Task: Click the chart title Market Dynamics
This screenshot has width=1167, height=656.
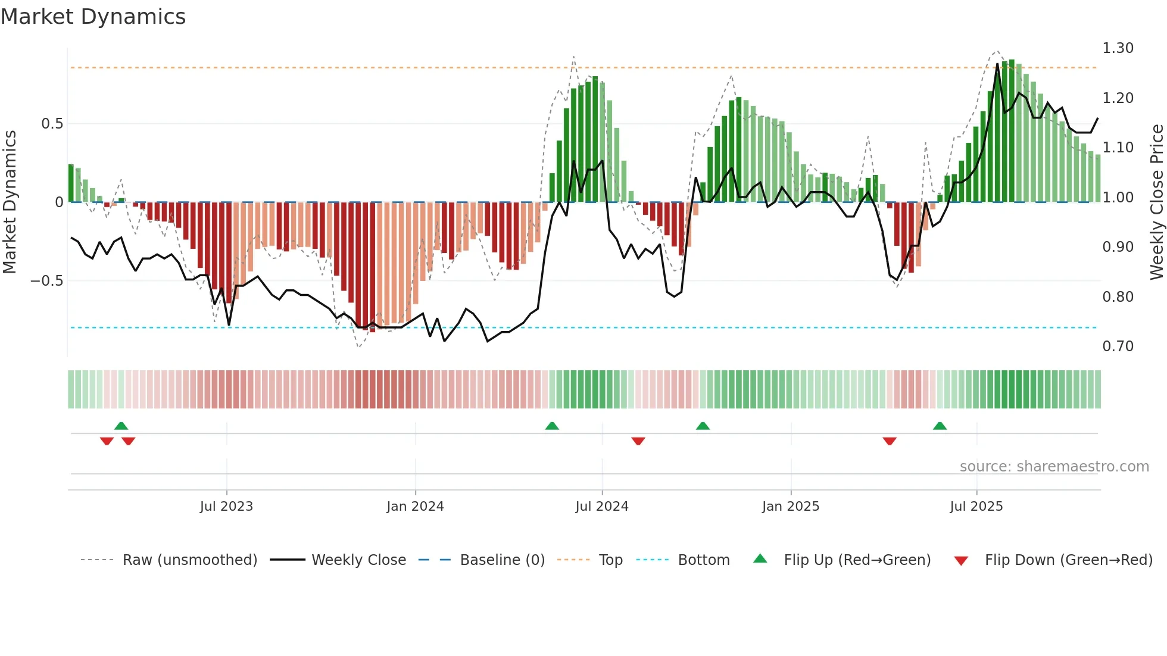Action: pyautogui.click(x=93, y=17)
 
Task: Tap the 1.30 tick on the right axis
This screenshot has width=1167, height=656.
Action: pyautogui.click(x=1118, y=48)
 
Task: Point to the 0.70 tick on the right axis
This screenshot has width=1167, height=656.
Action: pyautogui.click(x=1118, y=346)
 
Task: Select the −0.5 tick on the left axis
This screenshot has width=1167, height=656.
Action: pyautogui.click(x=46, y=281)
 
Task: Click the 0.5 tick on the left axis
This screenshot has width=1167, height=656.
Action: pyautogui.click(x=52, y=124)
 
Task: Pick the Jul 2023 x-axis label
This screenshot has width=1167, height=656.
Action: pyautogui.click(x=226, y=507)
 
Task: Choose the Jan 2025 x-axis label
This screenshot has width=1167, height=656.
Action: pyautogui.click(x=790, y=507)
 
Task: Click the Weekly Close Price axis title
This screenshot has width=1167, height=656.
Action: pyautogui.click(x=1156, y=202)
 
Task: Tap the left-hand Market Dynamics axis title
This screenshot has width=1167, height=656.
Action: pyautogui.click(x=10, y=202)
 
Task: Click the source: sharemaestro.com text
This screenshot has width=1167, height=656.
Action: pyautogui.click(x=1054, y=467)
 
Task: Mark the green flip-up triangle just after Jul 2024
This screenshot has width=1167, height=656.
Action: pyautogui.click(x=703, y=426)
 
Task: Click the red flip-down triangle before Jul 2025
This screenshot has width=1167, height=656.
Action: pyautogui.click(x=890, y=441)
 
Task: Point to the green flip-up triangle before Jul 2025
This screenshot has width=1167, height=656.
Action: pyautogui.click(x=940, y=426)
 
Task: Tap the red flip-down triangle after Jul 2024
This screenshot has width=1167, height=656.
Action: pyautogui.click(x=638, y=441)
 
